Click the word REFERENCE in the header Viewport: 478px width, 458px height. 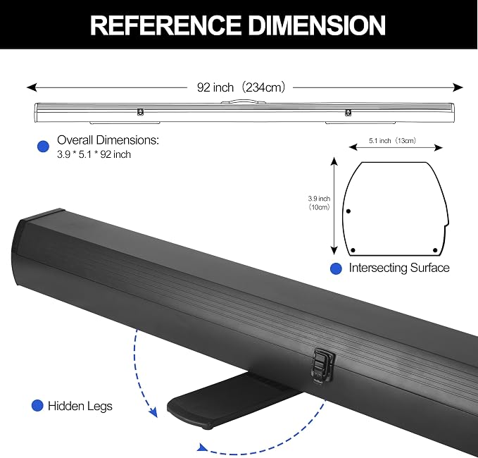click(x=165, y=25)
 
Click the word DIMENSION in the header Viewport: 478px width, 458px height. click(x=317, y=25)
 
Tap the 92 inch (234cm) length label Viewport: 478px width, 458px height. click(x=241, y=87)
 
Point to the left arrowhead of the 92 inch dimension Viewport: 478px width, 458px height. click(x=32, y=87)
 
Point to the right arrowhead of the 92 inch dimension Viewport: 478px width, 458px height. click(x=458, y=87)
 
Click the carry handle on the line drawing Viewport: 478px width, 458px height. click(x=244, y=101)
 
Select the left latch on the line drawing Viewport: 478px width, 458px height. click(x=140, y=112)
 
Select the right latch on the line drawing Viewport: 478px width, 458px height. click(x=348, y=112)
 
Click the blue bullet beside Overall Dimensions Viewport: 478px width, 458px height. click(x=43, y=147)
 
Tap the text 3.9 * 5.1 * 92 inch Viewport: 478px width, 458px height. click(x=94, y=154)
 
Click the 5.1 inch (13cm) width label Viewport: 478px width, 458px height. click(x=392, y=141)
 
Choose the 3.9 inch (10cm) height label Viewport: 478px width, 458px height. click(x=319, y=203)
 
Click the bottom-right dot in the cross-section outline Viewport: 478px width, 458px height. click(x=435, y=250)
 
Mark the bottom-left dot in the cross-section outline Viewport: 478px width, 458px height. click(x=353, y=250)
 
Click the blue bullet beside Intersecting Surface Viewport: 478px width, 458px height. click(x=336, y=268)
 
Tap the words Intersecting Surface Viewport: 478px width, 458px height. click(x=399, y=268)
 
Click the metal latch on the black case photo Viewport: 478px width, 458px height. click(x=322, y=364)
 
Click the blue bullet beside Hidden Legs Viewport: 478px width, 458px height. click(x=37, y=406)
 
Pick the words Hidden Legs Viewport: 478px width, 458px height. click(x=80, y=407)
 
